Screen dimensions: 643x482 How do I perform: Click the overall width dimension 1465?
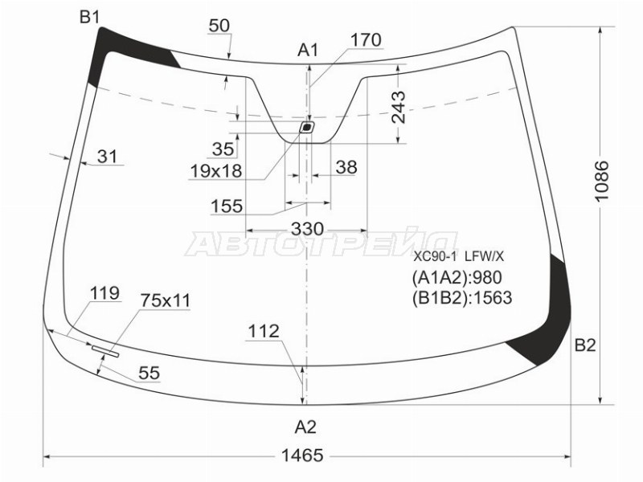coord(302,455)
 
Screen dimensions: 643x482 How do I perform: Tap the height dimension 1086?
coord(602,180)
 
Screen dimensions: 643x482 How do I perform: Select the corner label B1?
coord(90,17)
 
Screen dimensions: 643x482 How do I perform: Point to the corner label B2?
coord(585,345)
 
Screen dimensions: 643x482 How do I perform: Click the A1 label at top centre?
coord(308,51)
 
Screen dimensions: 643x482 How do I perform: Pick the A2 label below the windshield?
coord(306,427)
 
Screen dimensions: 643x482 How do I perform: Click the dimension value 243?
coord(398,108)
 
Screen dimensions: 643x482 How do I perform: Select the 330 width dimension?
coord(308,229)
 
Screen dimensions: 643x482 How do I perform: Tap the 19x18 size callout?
coord(216,171)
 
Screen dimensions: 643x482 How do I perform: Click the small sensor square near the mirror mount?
coord(306,128)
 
